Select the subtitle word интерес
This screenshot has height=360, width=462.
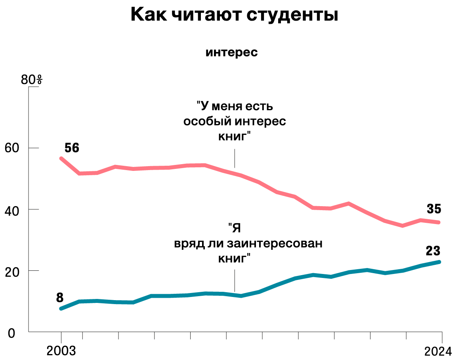231,52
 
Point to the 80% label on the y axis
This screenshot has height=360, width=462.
31,80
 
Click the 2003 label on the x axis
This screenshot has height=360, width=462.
61,351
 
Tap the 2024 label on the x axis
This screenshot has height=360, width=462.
438,351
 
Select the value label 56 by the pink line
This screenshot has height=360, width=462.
72,148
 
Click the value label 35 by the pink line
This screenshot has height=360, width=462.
434,209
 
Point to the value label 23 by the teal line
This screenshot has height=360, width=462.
433,251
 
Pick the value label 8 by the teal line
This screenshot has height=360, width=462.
60,297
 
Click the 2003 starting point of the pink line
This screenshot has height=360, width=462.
61,159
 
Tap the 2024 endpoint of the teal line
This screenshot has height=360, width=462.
439,262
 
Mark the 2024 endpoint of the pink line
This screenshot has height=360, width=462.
439,222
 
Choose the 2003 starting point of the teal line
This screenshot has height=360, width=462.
61,308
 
